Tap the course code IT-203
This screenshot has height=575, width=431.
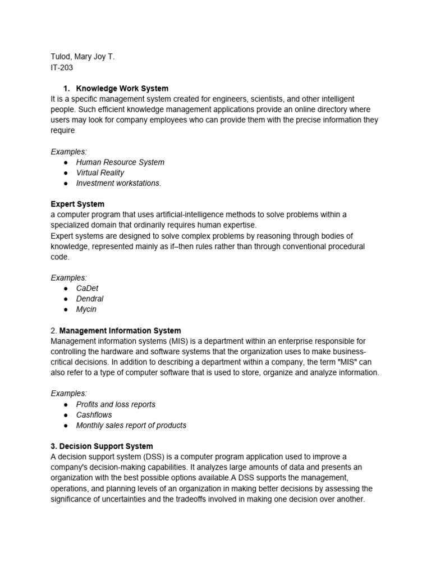tap(62, 67)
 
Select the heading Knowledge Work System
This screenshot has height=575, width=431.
tap(122, 89)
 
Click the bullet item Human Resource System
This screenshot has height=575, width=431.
tap(120, 162)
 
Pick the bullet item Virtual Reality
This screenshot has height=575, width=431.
tap(100, 173)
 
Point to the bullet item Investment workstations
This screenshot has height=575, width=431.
tap(118, 183)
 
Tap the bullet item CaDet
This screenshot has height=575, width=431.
tap(87, 289)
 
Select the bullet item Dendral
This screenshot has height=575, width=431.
tap(90, 299)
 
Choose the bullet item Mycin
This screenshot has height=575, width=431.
tap(86, 309)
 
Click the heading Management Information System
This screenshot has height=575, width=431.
tap(120, 331)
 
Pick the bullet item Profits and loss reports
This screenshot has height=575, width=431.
tap(116, 404)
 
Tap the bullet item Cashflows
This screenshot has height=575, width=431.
tap(94, 415)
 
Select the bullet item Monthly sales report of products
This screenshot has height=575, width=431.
tap(131, 426)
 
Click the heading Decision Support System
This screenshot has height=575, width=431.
tap(102, 446)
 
